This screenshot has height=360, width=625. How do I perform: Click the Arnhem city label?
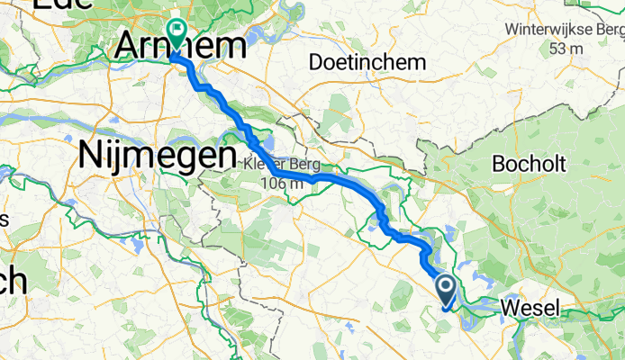[x=180, y=48]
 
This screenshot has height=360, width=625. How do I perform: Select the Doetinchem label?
[x=364, y=62]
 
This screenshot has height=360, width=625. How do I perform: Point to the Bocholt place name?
[x=529, y=166]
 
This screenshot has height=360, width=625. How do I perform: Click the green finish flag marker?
[x=176, y=29]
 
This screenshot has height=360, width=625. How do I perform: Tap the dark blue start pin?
[x=447, y=288]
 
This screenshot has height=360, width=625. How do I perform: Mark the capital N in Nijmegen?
[x=92, y=155]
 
